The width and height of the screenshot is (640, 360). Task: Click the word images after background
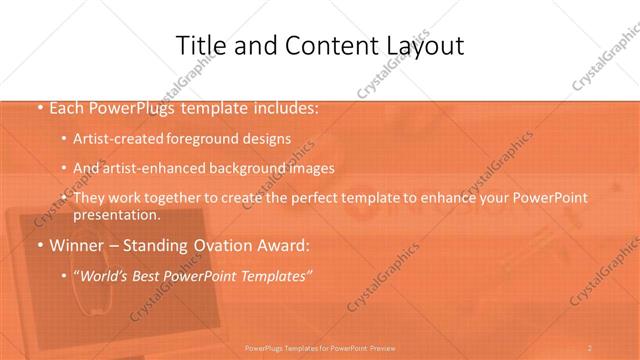pyautogui.click(x=309, y=168)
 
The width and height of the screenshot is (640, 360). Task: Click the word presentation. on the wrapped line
pyautogui.click(x=116, y=214)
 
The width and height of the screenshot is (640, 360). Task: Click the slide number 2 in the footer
pyautogui.click(x=590, y=347)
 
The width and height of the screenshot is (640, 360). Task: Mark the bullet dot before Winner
pyautogui.click(x=38, y=244)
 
